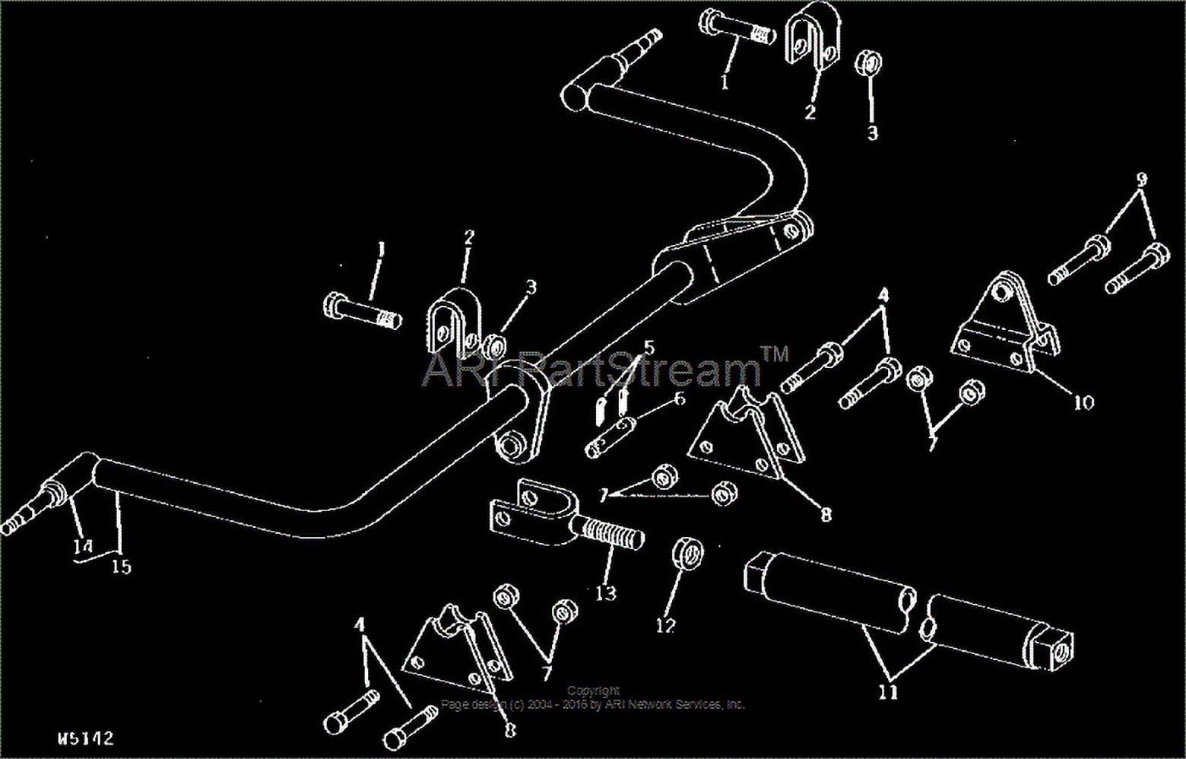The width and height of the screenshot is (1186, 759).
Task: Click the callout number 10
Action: pyautogui.click(x=1083, y=402)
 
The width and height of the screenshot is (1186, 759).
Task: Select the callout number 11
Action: pyautogui.click(x=888, y=692)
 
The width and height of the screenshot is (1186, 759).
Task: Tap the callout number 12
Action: pyautogui.click(x=665, y=625)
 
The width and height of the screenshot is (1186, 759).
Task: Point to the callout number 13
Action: pyautogui.click(x=606, y=592)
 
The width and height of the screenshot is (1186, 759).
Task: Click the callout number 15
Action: pyautogui.click(x=122, y=566)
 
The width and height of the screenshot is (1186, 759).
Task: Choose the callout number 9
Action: pyautogui.click(x=1142, y=180)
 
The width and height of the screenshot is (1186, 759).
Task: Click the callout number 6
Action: pyautogui.click(x=679, y=399)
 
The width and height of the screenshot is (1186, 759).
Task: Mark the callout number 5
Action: pyautogui.click(x=648, y=348)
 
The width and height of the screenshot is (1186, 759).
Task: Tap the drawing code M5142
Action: pyautogui.click(x=85, y=738)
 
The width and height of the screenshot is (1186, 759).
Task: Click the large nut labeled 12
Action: pyautogui.click(x=687, y=553)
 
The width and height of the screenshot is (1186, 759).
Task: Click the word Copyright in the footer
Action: pyautogui.click(x=593, y=691)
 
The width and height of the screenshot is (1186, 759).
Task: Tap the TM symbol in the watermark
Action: pyautogui.click(x=775, y=353)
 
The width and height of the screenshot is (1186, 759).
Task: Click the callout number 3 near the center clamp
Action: pyautogui.click(x=531, y=287)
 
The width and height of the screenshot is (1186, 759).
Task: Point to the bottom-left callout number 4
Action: pyautogui.click(x=360, y=624)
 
